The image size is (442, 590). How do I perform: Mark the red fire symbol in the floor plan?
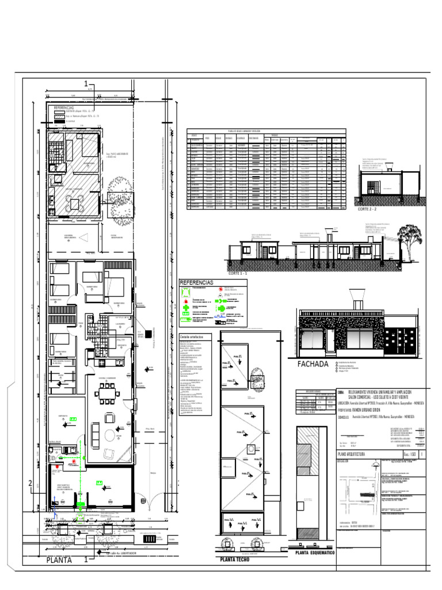pyautogui.click(x=74, y=462)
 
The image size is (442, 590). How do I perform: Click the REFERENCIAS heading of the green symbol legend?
pyautogui.click(x=197, y=283)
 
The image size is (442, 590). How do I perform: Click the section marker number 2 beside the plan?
pyautogui.click(x=30, y=483)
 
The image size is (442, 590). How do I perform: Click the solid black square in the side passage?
pyautogui.click(x=148, y=333)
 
